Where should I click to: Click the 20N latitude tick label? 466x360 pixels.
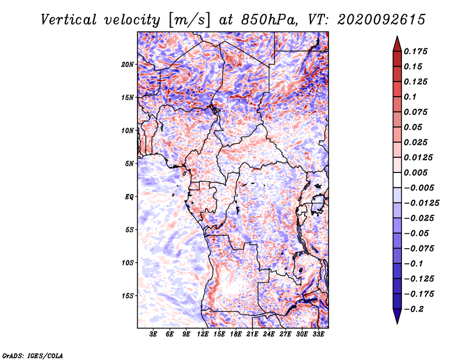(127, 65)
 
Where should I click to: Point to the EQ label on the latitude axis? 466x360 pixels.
(129, 197)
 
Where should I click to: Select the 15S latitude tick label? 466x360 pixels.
(127, 296)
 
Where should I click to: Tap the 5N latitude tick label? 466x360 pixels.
(129, 164)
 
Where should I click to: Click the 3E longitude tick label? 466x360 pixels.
(153, 334)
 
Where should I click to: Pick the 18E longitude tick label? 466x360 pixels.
(235, 334)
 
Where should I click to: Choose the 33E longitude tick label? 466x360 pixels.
(318, 334)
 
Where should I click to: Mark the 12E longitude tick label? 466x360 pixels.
(202, 334)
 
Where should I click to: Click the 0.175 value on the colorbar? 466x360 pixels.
(415, 51)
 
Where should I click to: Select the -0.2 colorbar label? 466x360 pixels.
(414, 309)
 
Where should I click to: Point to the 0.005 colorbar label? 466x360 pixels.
(415, 172)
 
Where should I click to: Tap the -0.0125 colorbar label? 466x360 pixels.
(421, 203)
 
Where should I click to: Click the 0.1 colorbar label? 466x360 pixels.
(410, 97)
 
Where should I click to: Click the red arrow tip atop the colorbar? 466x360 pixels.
(397, 37)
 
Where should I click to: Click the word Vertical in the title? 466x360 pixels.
(69, 20)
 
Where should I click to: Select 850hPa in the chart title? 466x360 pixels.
(269, 20)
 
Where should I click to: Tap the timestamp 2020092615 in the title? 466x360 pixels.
(382, 20)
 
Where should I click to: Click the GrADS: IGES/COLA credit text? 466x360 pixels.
(33, 355)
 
